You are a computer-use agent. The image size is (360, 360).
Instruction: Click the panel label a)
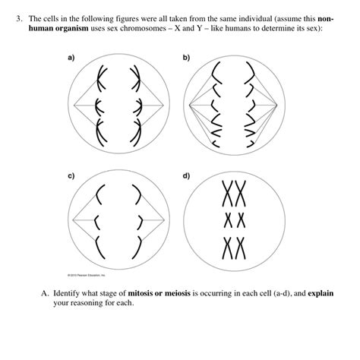click(x=72, y=58)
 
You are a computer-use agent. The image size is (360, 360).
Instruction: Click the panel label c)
click(x=72, y=176)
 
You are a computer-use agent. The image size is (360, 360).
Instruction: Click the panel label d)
click(x=188, y=176)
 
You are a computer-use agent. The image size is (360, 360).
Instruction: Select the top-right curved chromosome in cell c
click(x=136, y=197)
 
